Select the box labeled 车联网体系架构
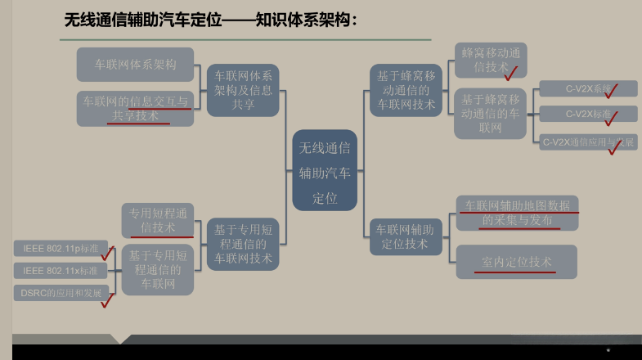(135, 64)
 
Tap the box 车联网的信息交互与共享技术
(135, 108)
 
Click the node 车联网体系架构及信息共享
(243, 88)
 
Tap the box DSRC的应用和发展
(61, 292)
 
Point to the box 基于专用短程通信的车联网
(158, 269)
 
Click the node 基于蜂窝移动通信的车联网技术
(406, 89)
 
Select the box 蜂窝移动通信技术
(490, 59)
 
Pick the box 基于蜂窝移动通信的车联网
(490, 113)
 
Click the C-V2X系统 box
(587, 88)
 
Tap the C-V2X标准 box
(587, 115)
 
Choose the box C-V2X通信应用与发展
(587, 142)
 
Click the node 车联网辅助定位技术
(406, 236)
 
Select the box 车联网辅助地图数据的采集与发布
(518, 213)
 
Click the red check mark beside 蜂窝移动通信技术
(513, 74)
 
